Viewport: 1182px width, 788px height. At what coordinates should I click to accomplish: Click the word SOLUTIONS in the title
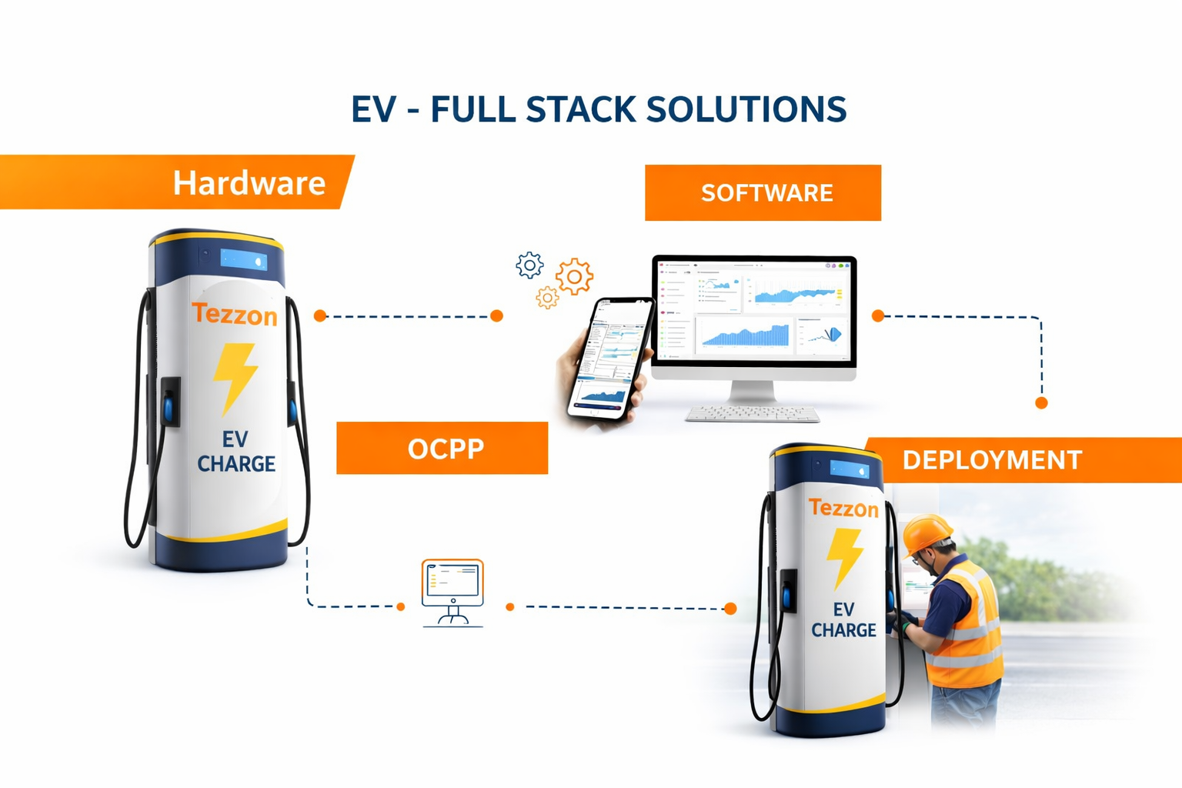(746, 109)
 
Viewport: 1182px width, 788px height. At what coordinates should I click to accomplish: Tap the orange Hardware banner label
(249, 183)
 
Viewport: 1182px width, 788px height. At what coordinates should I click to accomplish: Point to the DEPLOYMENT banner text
(992, 459)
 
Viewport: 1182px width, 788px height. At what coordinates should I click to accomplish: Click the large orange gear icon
(574, 276)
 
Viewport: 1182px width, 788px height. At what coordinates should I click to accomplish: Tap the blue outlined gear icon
(529, 265)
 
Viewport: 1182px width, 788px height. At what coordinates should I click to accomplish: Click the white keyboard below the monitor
(753, 414)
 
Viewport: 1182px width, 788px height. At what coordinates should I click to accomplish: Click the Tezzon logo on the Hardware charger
(235, 314)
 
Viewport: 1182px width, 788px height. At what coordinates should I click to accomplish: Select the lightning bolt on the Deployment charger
(844, 556)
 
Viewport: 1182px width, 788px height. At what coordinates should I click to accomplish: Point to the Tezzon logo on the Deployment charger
(843, 508)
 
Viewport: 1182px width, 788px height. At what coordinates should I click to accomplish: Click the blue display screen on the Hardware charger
(244, 259)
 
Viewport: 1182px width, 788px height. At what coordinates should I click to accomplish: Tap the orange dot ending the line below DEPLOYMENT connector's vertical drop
(1041, 402)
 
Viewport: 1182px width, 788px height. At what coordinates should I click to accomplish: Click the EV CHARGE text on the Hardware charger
(235, 452)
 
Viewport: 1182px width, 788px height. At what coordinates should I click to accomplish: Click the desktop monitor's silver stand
(752, 392)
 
